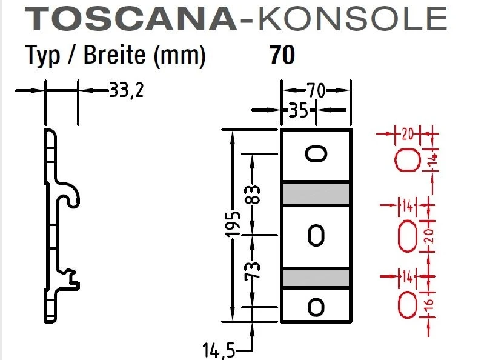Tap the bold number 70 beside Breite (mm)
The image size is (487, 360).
(x=282, y=55)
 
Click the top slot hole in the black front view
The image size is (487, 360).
(x=316, y=154)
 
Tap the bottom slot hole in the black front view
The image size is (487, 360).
(x=316, y=306)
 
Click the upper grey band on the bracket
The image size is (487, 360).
(x=316, y=193)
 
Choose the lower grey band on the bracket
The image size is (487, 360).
(x=316, y=278)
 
